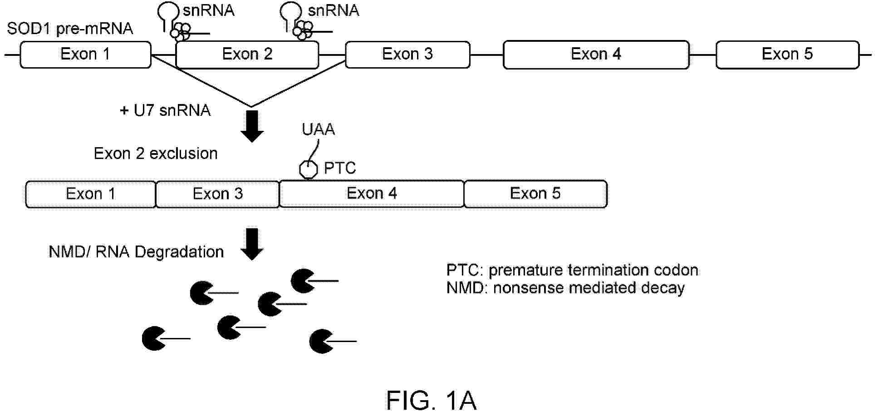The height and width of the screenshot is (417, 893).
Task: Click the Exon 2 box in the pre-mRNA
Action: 247,55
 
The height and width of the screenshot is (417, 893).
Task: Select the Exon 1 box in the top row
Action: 85,55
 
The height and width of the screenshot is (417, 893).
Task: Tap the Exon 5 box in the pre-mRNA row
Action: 787,55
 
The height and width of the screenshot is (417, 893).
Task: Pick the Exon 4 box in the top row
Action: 596,55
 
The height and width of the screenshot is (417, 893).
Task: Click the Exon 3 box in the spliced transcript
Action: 218,194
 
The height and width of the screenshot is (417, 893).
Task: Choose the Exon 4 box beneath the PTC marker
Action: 372,194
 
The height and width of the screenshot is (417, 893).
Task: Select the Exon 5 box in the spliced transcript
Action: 535,194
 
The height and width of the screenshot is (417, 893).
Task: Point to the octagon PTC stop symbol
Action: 309,169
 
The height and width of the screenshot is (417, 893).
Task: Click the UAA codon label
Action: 319,130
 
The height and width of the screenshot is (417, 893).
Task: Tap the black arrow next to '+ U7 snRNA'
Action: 252,126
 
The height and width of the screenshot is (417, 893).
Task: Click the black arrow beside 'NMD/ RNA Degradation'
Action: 252,244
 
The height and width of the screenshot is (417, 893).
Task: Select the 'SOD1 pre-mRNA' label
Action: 70,29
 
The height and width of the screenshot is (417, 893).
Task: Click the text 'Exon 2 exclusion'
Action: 156,154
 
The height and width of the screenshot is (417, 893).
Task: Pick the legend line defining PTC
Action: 572,270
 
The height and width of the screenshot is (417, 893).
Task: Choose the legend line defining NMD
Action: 565,288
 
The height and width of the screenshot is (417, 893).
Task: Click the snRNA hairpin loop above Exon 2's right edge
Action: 291,11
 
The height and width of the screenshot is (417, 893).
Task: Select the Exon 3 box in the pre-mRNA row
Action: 407,55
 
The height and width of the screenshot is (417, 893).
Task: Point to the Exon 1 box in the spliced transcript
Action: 91,194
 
